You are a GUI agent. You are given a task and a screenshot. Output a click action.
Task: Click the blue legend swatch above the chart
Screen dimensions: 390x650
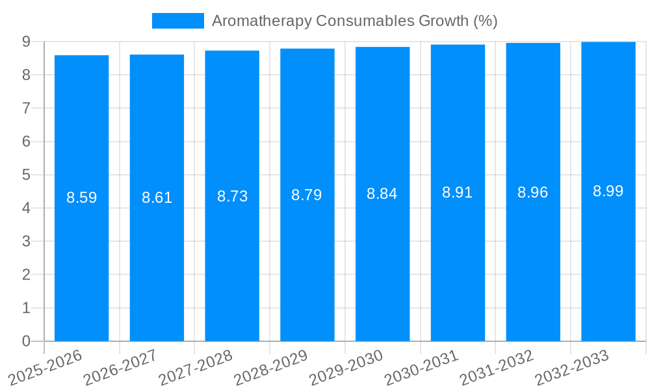177,21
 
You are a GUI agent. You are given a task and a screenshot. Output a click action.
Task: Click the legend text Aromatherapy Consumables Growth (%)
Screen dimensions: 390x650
354,21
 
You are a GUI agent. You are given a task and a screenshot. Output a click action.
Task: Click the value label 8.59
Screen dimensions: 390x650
81,198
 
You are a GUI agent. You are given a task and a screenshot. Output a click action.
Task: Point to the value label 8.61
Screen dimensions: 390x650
157,198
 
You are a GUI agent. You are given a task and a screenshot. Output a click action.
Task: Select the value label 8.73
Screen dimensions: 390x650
232,196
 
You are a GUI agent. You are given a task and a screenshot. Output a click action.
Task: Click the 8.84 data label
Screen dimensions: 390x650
382,194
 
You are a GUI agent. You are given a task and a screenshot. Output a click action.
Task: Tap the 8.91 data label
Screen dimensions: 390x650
458,192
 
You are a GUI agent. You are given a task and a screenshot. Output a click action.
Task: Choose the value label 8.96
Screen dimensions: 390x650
533,192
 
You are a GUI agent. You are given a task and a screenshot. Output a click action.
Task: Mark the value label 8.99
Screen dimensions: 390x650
608,191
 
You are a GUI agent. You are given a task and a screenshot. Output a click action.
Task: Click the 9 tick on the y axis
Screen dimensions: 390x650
26,42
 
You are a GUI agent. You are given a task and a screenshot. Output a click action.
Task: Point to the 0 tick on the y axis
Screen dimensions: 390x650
26,341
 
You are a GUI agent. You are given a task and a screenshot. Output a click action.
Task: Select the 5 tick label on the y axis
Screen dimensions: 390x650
26,175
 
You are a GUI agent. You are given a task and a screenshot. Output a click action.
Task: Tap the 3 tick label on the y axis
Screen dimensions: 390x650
26,241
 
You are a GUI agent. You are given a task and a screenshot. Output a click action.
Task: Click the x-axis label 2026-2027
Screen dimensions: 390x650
120,368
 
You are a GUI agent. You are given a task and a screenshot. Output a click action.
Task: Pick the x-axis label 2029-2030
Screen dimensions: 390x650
346,368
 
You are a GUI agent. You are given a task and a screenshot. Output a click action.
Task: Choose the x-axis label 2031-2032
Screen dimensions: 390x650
497,368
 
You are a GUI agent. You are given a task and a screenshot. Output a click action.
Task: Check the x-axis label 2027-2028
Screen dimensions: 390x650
196,368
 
